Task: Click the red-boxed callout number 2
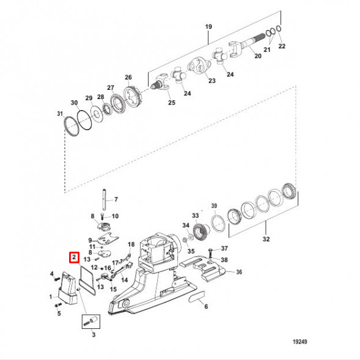point(74,257)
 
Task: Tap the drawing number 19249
point(300,342)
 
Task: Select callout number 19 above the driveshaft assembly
point(208,27)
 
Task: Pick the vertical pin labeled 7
point(105,199)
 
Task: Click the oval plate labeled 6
point(197,296)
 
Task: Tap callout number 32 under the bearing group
point(266,239)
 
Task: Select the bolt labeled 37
point(210,253)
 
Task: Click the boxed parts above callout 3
point(91,321)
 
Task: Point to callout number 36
point(239,272)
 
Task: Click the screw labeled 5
point(58,306)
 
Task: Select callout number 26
point(128,77)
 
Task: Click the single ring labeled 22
point(279,29)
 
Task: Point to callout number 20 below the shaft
point(258,56)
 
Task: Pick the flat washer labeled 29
point(97,114)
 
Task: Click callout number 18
point(131,244)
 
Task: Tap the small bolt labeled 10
point(103,216)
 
